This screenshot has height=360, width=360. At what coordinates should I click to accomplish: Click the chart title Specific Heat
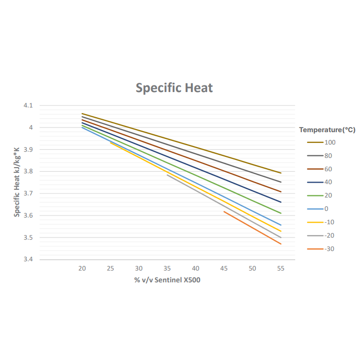pos(174,87)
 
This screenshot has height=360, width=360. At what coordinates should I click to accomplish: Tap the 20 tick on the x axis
pos(82,268)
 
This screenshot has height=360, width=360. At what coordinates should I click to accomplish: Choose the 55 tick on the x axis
pos(280,268)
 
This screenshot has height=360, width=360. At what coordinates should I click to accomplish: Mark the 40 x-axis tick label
pos(195,268)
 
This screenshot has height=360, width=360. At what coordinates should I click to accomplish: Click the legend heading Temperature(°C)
pos(327,130)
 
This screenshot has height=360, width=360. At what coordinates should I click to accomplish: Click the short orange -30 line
pos(252,227)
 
